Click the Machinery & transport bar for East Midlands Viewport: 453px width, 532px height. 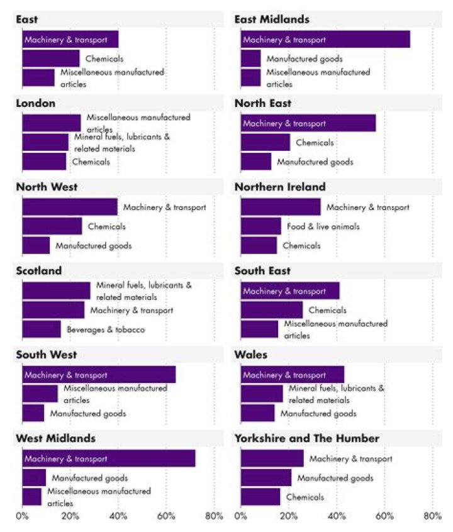325,40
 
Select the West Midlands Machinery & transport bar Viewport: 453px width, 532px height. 109,458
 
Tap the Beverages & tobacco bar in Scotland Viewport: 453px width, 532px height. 42,329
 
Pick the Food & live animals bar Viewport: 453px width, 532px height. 261,226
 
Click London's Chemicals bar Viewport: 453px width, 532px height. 44,162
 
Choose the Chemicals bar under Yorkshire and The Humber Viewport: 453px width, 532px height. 260,497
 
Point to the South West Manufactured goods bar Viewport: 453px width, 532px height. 33,413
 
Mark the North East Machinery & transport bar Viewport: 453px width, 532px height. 308,123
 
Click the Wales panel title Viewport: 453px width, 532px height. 251,355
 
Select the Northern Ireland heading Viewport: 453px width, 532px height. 280,187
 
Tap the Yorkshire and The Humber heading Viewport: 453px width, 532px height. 307,438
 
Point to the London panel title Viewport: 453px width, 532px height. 36,103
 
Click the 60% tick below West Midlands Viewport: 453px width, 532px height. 166,516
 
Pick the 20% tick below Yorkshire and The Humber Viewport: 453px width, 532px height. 289,516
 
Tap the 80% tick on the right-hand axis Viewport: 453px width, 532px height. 433,516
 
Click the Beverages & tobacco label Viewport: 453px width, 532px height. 106,330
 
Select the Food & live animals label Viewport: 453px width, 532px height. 323,226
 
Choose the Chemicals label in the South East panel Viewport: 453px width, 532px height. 327,310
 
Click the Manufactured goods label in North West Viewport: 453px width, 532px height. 93,246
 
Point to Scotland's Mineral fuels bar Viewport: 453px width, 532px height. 57,291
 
